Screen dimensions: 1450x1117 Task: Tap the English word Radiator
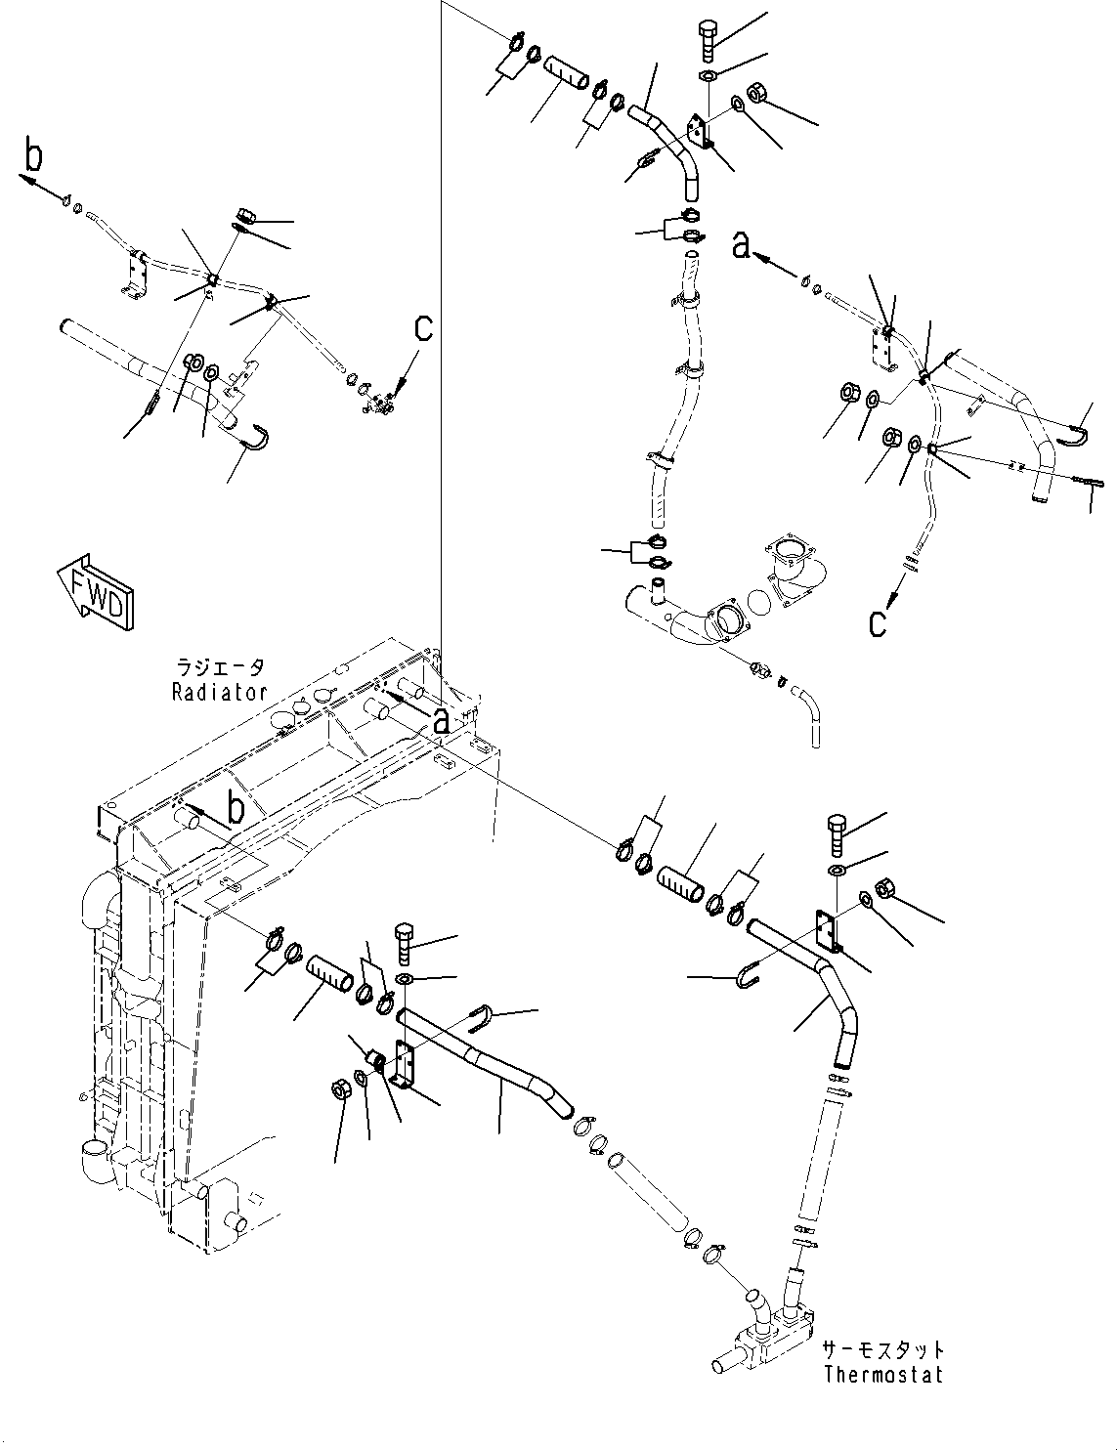[219, 692]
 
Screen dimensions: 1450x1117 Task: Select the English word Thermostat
[882, 1374]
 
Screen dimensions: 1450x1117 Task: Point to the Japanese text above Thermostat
[882, 1349]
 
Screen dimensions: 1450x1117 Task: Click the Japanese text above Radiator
[219, 669]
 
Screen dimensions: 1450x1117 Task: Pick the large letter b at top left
[34, 155]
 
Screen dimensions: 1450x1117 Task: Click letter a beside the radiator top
[442, 721]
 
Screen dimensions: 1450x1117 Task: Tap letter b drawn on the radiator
[235, 808]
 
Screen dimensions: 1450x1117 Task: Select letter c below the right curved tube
[879, 621]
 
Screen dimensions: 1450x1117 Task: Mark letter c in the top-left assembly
[422, 329]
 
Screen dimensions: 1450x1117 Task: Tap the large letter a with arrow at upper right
[744, 247]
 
